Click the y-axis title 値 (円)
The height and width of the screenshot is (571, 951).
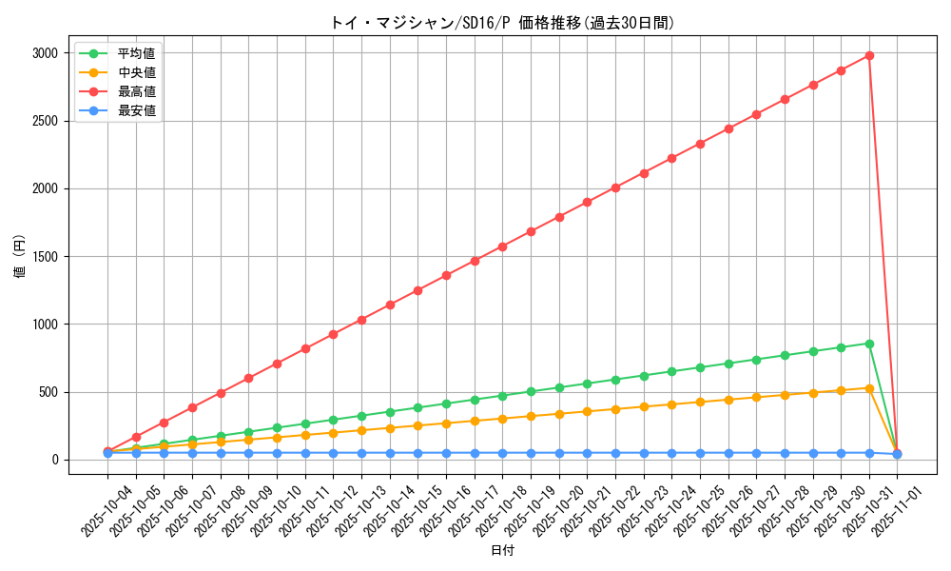[20, 256]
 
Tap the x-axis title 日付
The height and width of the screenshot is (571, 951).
[502, 551]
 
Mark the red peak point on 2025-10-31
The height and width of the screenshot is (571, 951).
[869, 55]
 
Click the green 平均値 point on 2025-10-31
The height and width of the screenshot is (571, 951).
[869, 344]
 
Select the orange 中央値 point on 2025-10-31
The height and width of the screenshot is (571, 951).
[869, 388]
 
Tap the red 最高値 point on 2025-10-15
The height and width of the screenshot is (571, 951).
[417, 290]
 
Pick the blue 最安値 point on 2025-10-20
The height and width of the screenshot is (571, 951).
[559, 453]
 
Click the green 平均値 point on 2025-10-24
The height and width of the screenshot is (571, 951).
[671, 371]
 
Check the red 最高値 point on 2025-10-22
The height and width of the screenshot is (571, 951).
[615, 187]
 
